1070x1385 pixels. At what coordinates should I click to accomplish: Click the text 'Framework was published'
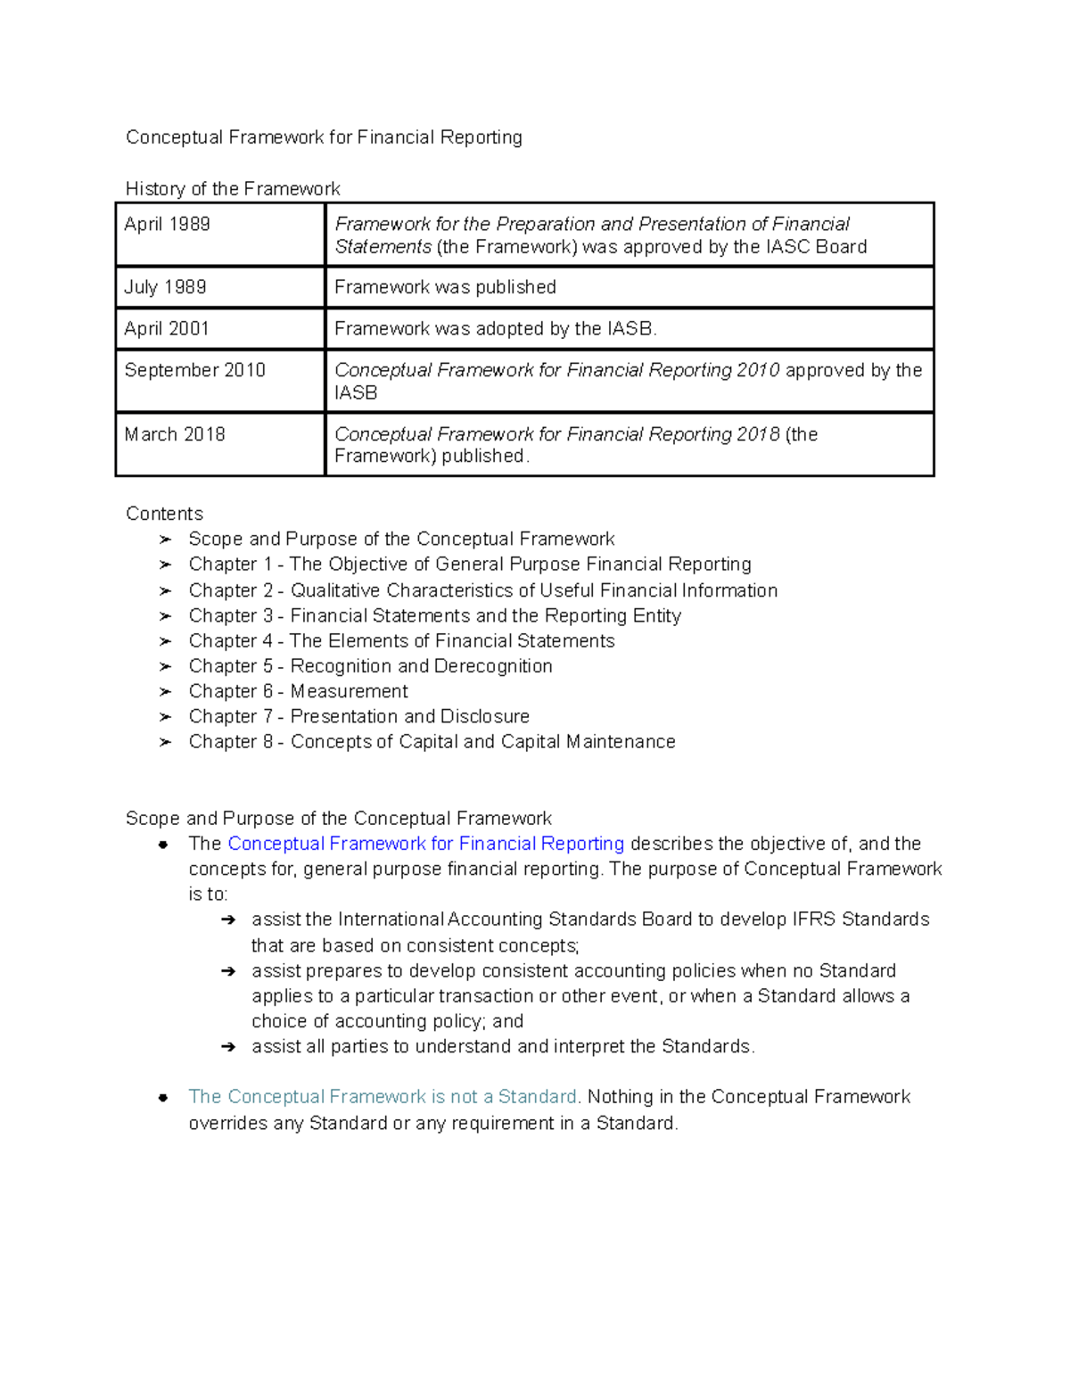[445, 287]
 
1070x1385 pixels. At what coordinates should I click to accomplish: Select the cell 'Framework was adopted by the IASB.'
[495, 329]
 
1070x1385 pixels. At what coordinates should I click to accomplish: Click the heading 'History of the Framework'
[233, 189]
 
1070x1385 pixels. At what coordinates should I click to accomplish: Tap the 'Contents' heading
[164, 514]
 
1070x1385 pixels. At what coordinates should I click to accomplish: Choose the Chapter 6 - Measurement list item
[298, 691]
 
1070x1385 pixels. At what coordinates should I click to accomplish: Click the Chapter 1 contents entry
[470, 565]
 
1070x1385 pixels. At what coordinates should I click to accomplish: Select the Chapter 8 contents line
[432, 742]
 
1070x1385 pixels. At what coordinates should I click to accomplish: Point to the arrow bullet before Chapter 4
[165, 641]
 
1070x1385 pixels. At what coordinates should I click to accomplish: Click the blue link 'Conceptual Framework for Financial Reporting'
[425, 844]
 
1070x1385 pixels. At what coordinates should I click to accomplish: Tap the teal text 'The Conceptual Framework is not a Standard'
[383, 1097]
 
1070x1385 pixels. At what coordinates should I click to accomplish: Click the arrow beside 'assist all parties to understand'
[228, 1047]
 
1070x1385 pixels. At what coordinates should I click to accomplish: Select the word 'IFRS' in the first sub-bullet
[814, 919]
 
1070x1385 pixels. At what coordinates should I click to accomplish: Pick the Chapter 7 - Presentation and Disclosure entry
[358, 717]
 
